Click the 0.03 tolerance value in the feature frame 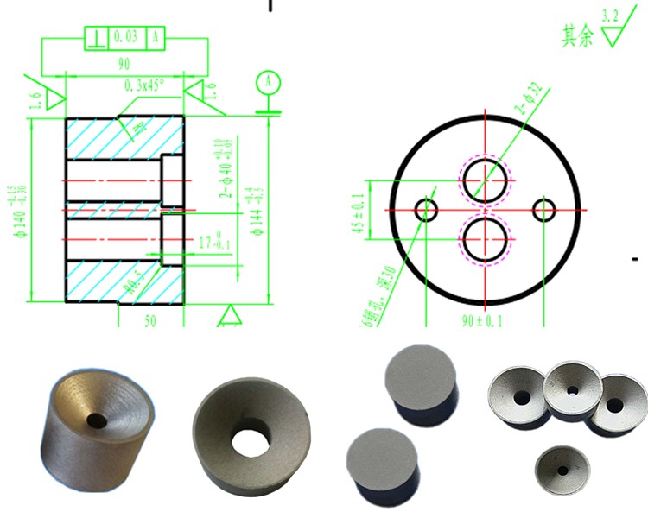[126, 37]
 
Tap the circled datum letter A [269, 82]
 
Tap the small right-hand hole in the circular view [544, 209]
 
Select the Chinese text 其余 [577, 36]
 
